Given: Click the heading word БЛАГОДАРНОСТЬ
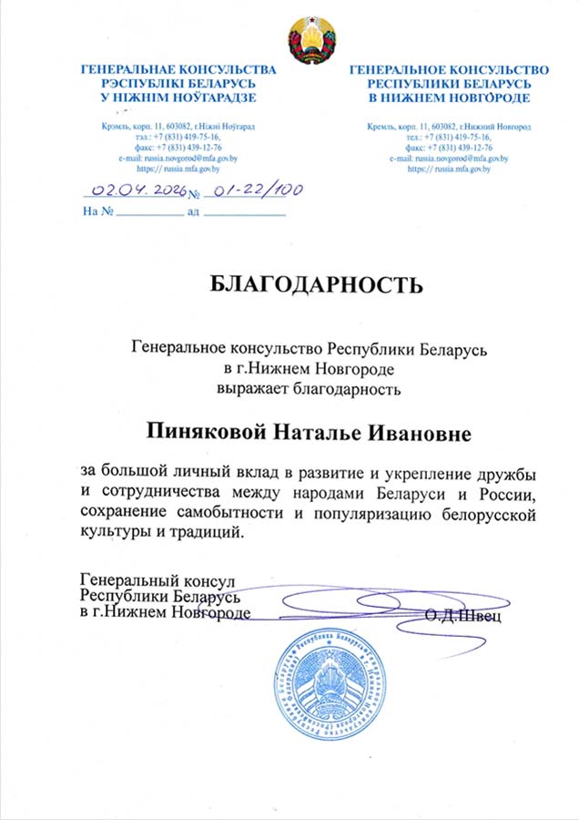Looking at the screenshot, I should (316, 285).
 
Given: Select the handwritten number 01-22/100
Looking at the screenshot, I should (254, 190).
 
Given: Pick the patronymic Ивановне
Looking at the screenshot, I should (417, 432).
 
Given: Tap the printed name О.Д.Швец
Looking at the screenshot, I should (462, 616).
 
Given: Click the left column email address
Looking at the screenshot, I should (170, 158).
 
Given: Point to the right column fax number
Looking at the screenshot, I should (449, 148).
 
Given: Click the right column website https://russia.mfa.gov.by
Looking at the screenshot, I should (450, 169).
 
